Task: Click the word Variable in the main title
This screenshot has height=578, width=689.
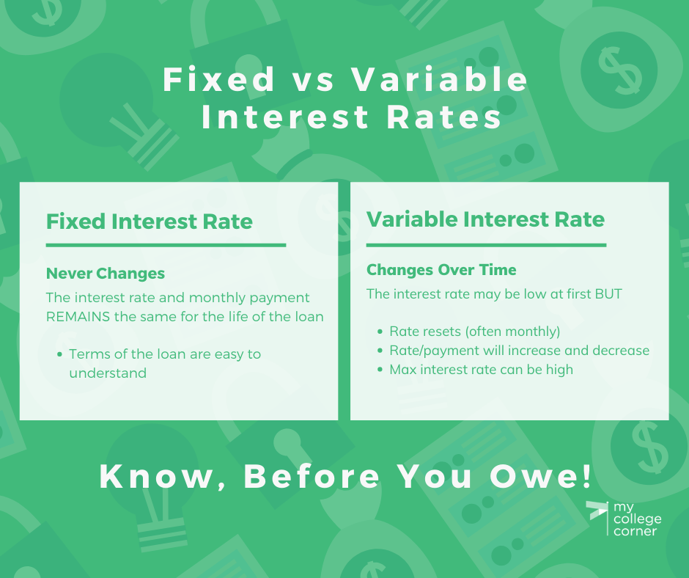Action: tap(439, 79)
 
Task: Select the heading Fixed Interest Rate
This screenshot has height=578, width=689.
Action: tap(150, 222)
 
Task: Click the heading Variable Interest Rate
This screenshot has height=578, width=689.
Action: tap(485, 219)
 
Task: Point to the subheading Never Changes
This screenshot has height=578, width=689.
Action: tap(106, 273)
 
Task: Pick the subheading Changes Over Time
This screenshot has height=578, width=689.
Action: tap(441, 270)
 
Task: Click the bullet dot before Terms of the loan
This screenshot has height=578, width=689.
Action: tap(59, 354)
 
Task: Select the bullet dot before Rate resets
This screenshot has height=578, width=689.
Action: tap(380, 332)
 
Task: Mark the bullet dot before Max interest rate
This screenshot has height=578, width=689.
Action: tap(380, 370)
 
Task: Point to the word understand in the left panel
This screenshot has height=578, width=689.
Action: tap(108, 373)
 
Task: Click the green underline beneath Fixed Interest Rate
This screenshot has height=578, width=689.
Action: tap(166, 245)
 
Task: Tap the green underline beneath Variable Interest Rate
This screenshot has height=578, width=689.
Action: tap(487, 245)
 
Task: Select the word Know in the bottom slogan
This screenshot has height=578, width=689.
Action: tap(155, 476)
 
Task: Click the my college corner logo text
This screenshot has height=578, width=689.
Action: tap(637, 519)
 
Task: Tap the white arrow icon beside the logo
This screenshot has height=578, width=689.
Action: tap(597, 511)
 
